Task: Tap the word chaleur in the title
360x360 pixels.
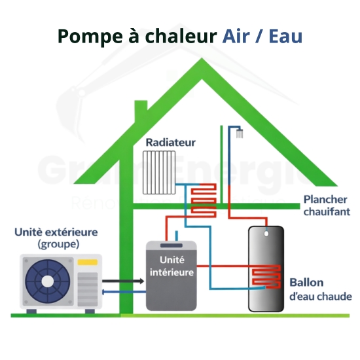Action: (183, 35)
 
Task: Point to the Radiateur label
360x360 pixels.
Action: (171, 142)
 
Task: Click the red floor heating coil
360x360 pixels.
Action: (203, 200)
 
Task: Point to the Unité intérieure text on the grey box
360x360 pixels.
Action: (170, 266)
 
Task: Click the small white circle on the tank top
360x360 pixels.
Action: (266, 233)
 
